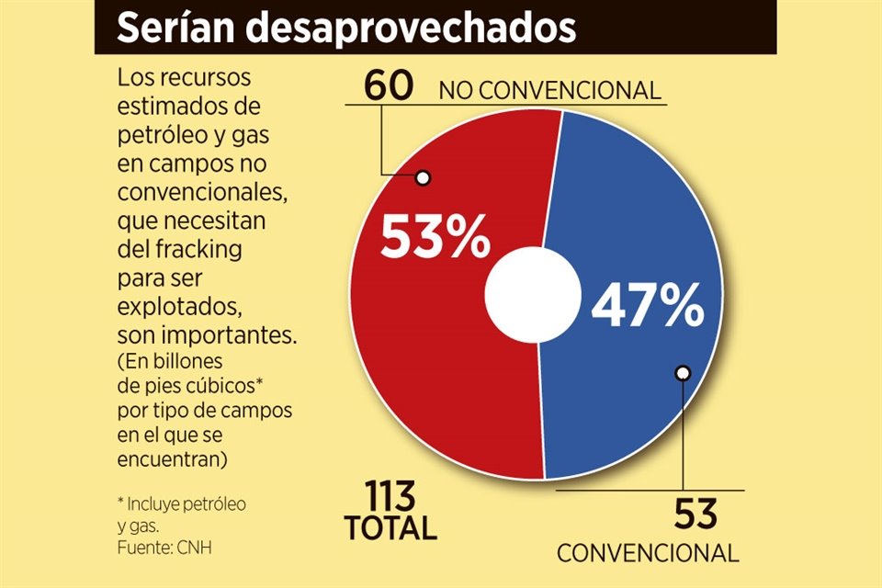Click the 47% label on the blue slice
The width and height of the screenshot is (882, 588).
click(x=647, y=308)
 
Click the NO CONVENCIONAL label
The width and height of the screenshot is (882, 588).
click(x=549, y=91)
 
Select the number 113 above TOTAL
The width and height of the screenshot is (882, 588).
click(x=379, y=497)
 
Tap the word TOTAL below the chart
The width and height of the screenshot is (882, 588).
click(x=390, y=529)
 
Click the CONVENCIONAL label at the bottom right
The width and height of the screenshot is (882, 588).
click(x=648, y=553)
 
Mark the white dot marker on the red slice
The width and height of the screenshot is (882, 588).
click(x=423, y=178)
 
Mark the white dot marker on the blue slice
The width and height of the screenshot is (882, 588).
click(x=683, y=373)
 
